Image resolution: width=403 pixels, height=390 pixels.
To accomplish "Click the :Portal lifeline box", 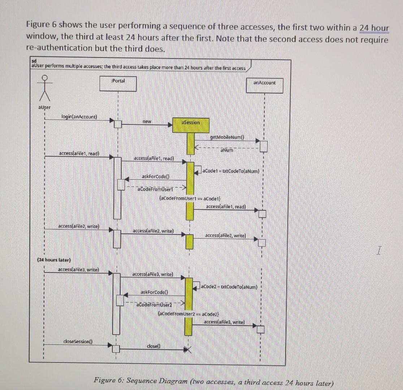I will click(x=118, y=83).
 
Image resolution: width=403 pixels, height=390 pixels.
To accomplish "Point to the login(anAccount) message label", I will click(x=79, y=117).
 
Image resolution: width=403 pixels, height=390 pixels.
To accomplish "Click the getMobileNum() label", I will click(x=227, y=137).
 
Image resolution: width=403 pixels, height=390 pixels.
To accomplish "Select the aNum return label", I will click(x=227, y=150).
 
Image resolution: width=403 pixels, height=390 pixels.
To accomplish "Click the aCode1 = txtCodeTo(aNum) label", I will click(x=231, y=170).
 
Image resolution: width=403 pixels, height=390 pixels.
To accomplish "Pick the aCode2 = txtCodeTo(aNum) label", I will click(x=230, y=287).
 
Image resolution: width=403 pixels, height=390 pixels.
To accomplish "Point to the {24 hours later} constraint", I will click(x=54, y=260).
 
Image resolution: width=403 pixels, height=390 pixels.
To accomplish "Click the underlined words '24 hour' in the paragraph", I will click(x=374, y=28).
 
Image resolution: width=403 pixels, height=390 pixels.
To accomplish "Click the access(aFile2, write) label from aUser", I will click(x=79, y=226).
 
